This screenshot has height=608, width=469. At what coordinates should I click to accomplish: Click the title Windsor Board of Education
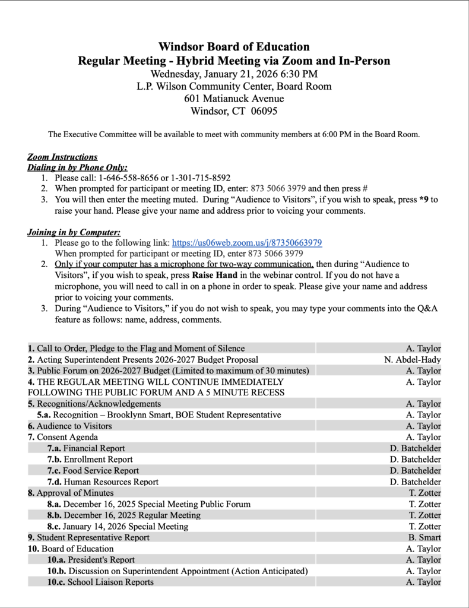point(234,46)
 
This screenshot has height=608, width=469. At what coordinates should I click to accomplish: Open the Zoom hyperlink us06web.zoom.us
point(247,243)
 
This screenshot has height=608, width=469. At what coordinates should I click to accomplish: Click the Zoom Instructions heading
point(62,157)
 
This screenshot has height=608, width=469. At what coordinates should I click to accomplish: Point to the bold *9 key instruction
point(423,199)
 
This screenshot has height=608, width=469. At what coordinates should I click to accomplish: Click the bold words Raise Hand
point(214,275)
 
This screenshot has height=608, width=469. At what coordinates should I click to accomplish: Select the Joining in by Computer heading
point(74,232)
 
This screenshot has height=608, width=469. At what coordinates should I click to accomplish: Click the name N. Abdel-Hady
point(413,360)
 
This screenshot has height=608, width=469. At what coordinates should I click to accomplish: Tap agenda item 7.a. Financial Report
point(86,448)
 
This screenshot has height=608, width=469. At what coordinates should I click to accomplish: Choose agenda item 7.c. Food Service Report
point(93,471)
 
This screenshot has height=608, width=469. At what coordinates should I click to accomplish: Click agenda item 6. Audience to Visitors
point(70,426)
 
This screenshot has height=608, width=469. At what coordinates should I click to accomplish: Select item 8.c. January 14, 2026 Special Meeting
point(118,527)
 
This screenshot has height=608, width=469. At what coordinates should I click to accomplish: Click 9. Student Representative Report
point(88,538)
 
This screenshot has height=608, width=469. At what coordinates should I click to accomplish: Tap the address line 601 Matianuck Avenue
point(234,99)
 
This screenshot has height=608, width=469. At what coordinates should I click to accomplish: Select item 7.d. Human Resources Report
point(103,482)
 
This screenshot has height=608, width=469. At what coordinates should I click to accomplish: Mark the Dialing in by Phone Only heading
point(77,167)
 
